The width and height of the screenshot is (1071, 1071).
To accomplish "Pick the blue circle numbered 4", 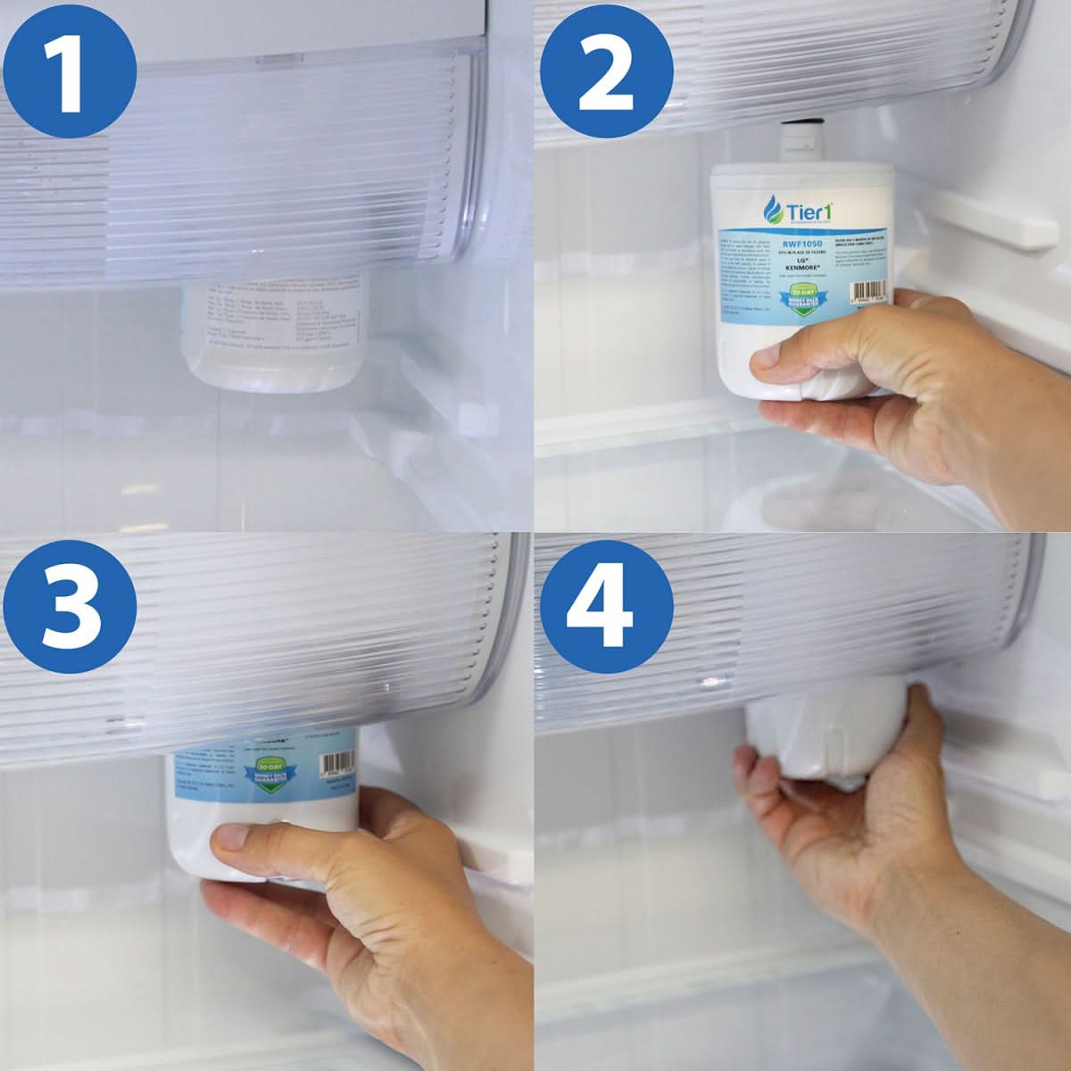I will click(604, 604).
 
